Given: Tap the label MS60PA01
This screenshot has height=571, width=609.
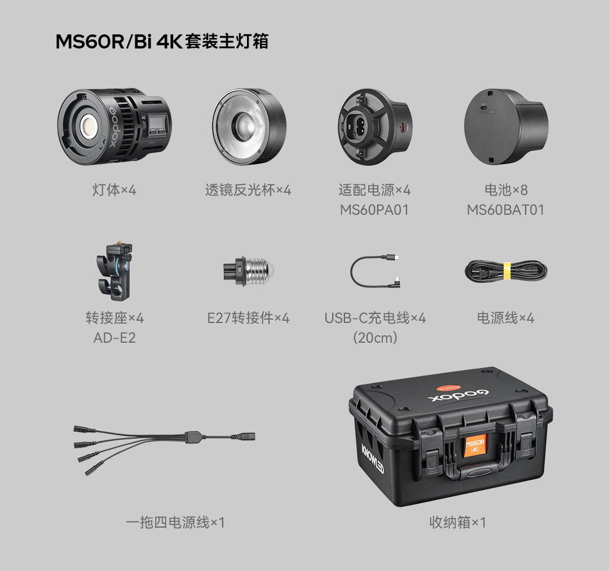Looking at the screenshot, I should [374, 210].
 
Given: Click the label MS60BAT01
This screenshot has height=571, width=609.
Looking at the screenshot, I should [505, 210].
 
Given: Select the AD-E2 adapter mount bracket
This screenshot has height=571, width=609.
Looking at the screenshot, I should [115, 271].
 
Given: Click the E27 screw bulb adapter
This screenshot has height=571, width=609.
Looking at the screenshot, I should [248, 271].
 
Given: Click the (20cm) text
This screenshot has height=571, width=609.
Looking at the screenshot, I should [374, 338].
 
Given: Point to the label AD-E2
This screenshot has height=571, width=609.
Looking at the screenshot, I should [114, 338].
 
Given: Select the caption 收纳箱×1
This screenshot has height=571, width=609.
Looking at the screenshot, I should [457, 523].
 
